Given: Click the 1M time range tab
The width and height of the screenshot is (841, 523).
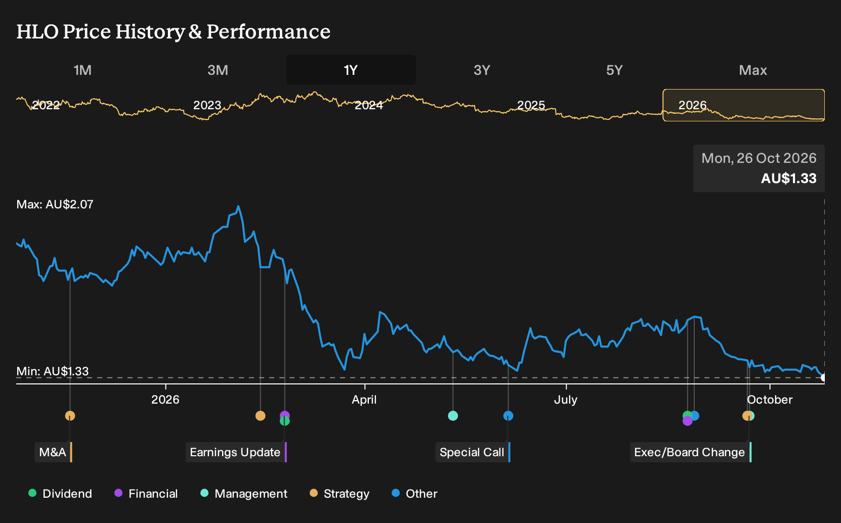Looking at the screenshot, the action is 82,70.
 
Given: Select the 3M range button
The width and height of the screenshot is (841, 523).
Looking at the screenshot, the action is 218,70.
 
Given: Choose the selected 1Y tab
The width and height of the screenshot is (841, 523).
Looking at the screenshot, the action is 351,70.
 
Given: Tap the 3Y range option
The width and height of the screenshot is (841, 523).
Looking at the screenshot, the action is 482,70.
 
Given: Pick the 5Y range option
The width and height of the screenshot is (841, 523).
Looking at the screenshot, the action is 615,70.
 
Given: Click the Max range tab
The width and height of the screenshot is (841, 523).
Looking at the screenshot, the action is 753,70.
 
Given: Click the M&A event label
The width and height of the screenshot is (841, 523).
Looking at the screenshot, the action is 54,452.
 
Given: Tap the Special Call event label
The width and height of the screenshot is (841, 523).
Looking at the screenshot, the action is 473,452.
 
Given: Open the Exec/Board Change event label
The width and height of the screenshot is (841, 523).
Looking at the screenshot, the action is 691,452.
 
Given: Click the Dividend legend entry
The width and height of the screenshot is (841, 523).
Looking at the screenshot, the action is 60,493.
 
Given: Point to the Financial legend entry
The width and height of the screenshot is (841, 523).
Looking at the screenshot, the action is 146,493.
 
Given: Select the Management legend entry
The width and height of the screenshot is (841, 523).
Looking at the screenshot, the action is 244,493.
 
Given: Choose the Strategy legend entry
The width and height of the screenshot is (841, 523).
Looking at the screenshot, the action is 340,493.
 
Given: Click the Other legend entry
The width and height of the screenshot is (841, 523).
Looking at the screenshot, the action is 414,493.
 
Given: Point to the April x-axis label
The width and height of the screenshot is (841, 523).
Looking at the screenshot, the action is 364,400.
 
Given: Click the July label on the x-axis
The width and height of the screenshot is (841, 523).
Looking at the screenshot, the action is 566,400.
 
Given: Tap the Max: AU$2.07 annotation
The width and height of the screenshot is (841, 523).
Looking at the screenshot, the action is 55,204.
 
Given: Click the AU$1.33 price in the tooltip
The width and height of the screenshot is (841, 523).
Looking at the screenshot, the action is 789,178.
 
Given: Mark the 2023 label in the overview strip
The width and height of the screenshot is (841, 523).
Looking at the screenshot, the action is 207,105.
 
